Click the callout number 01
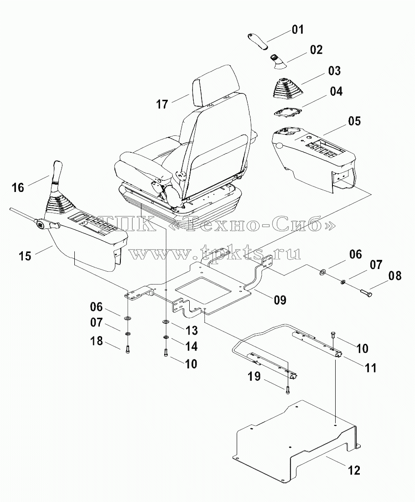tap(297, 30)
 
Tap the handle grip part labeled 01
tap(259, 41)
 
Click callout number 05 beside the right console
tap(354, 121)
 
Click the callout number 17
tap(162, 104)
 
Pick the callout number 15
tap(25, 256)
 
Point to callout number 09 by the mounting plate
tap(280, 300)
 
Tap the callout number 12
tap(353, 470)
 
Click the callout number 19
tap(254, 376)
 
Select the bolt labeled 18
tap(128, 349)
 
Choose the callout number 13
tap(191, 330)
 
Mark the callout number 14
tap(191, 347)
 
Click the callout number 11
tap(370, 368)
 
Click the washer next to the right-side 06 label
tap(322, 273)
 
